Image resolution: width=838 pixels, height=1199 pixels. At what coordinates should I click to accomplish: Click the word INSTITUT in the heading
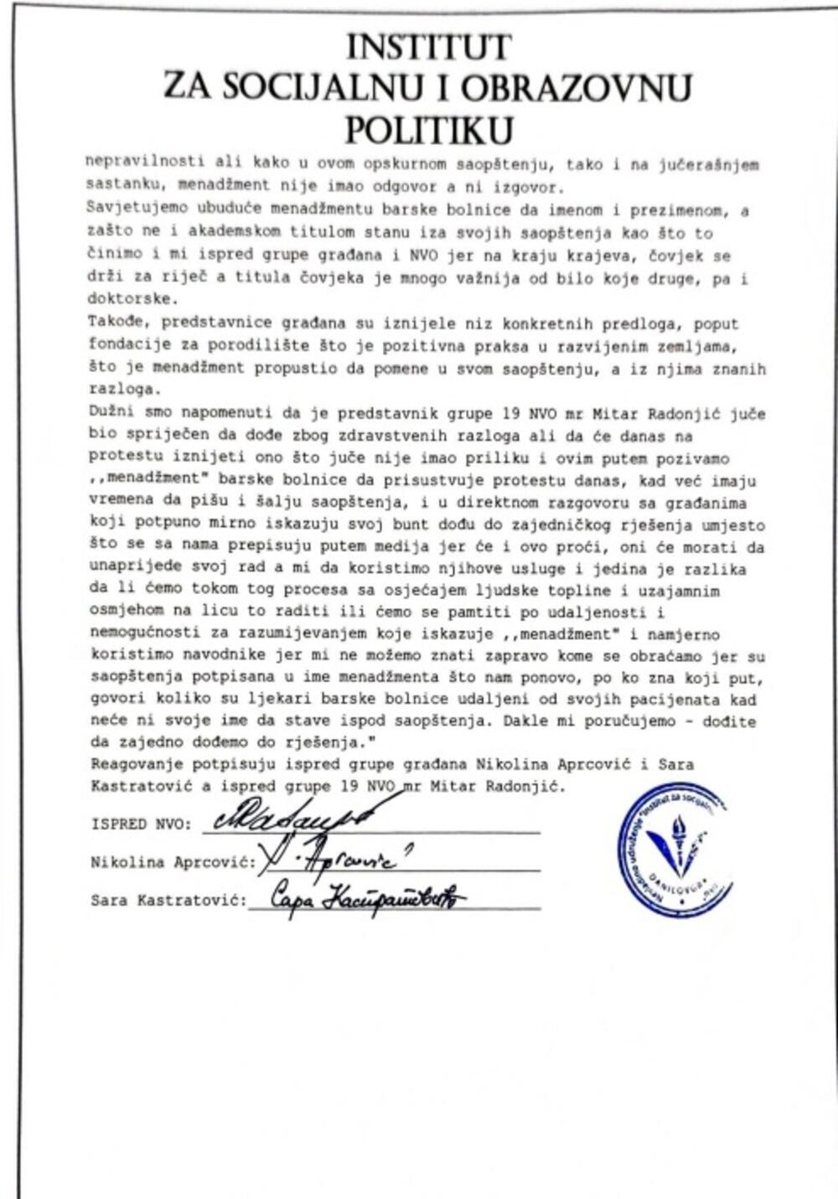[428, 48]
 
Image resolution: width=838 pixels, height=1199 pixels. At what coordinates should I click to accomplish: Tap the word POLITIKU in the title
[429, 130]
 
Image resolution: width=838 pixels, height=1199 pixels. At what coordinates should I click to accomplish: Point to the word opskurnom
[319, 165]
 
